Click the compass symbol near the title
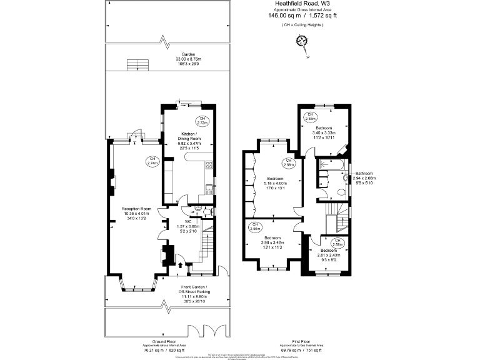302,41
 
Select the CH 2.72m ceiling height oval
202,121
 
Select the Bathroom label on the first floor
364,173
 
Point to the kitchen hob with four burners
209,167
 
